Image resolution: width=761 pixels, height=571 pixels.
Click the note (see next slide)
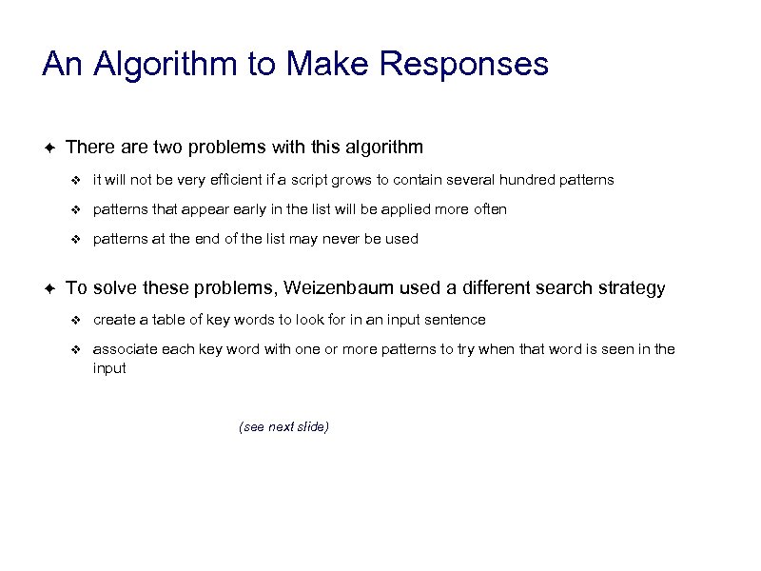coord(283,426)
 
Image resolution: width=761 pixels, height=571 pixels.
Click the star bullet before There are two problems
coord(49,147)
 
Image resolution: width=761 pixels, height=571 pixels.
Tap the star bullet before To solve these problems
coord(49,287)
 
